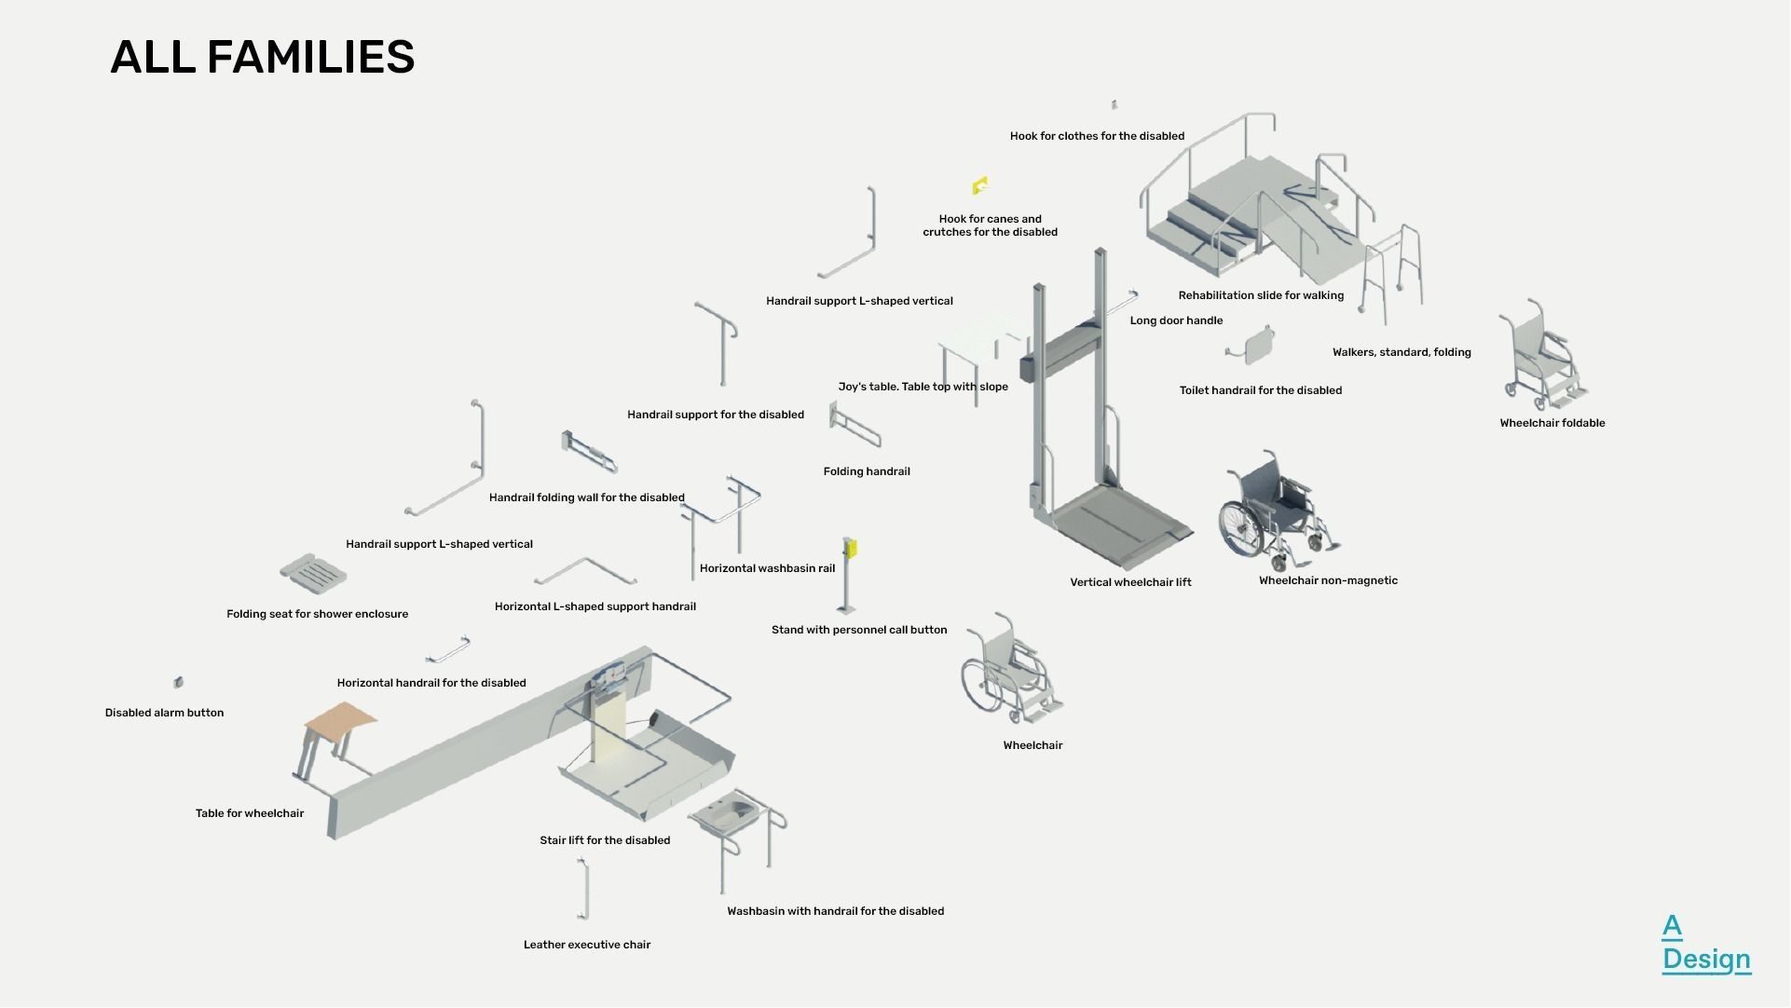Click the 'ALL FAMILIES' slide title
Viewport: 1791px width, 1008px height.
click(x=262, y=57)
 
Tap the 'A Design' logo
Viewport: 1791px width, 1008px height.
click(x=1704, y=943)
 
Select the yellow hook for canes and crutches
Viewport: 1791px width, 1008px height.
click(x=980, y=186)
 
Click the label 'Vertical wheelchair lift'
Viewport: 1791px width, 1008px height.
click(x=1129, y=582)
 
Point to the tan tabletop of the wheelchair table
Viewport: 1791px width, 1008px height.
click(x=340, y=718)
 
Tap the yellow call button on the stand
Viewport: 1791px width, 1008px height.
click(x=850, y=548)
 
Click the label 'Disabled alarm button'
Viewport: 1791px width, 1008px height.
click(x=164, y=713)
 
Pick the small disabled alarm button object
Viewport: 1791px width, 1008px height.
click(x=178, y=683)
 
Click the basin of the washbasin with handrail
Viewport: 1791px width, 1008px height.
click(x=730, y=813)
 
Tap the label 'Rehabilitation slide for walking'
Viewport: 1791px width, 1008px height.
click(x=1260, y=295)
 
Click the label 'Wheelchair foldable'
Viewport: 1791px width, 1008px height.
click(x=1552, y=423)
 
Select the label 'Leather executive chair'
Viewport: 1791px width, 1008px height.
click(x=586, y=945)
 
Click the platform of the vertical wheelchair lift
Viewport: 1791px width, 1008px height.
click(x=1118, y=526)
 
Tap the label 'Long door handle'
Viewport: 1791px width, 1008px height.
click(x=1176, y=320)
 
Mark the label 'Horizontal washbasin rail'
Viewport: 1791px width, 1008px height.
click(x=767, y=568)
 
